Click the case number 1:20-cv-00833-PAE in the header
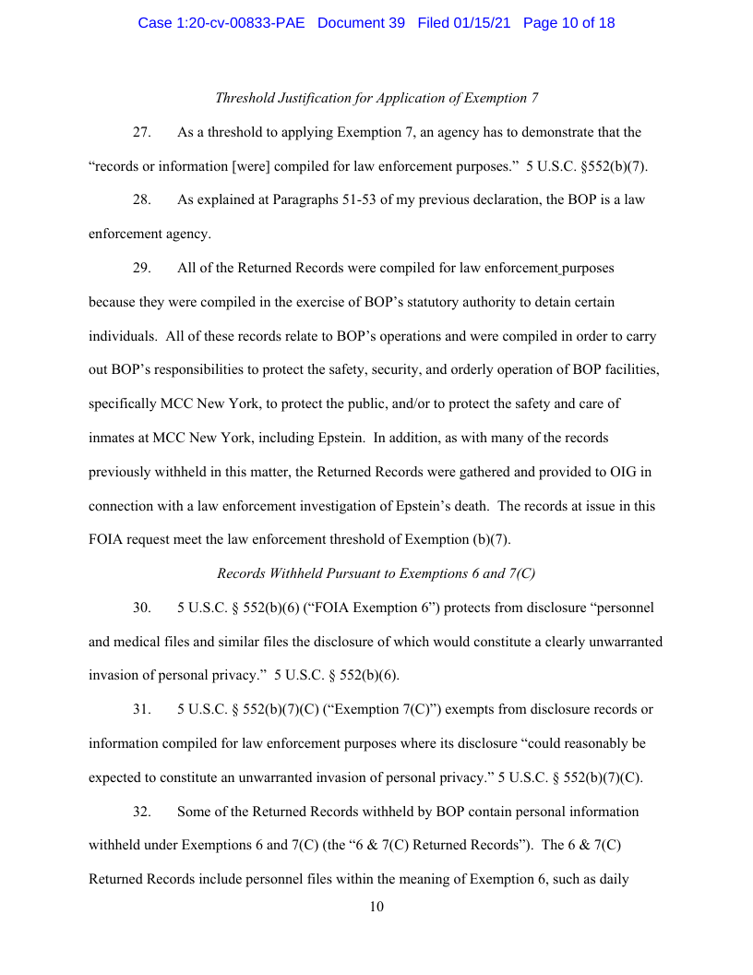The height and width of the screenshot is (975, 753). [222, 23]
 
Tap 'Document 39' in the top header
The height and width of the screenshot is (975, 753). [361, 23]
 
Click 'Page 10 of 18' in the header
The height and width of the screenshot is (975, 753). [568, 23]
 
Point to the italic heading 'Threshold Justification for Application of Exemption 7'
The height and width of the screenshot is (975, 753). [376, 98]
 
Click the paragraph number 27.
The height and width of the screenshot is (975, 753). [141, 132]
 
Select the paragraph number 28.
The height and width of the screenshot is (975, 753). [141, 200]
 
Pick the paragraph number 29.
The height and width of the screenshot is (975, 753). [141, 269]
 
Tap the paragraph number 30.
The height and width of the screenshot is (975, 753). [141, 608]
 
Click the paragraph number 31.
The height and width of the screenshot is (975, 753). [141, 709]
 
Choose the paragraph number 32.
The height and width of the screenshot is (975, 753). [141, 812]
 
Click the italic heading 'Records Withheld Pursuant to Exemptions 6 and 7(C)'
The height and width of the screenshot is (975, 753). [376, 573]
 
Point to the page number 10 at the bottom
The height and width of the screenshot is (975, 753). [376, 907]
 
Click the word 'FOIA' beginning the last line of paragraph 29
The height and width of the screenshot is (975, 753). [106, 539]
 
